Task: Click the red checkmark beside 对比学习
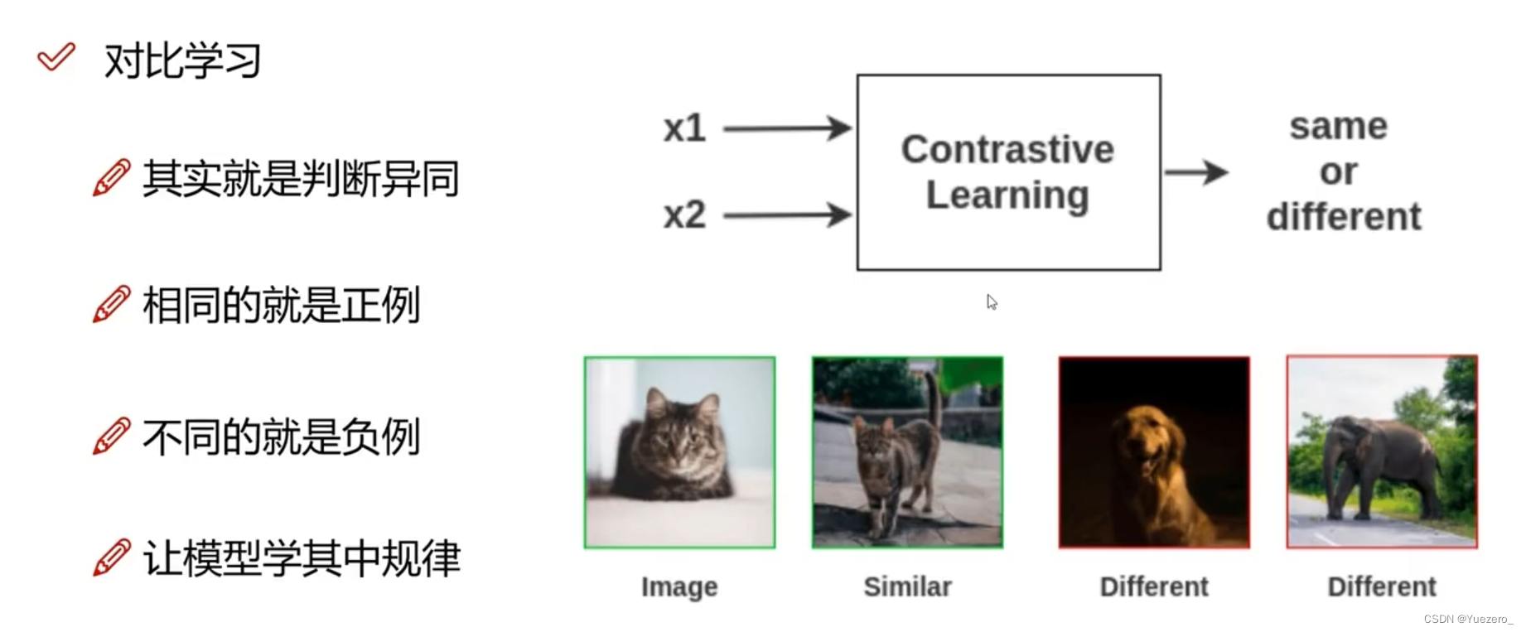click(x=56, y=57)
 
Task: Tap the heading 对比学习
click(x=182, y=60)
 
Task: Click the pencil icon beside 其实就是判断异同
click(x=112, y=177)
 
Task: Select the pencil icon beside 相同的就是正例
click(x=112, y=304)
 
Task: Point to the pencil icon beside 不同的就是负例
click(x=112, y=437)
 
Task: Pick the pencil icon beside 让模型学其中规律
click(x=112, y=557)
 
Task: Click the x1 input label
click(x=684, y=128)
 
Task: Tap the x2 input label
click(x=684, y=215)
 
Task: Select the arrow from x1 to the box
click(x=787, y=128)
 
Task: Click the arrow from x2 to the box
click(x=787, y=215)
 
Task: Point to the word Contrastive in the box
click(x=1007, y=150)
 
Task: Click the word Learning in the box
click(x=1007, y=195)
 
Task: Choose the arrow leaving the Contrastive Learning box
click(x=1195, y=172)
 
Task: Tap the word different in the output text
click(x=1344, y=217)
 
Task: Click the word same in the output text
click(x=1338, y=127)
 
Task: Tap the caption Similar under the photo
click(x=907, y=586)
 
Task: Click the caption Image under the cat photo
click(x=679, y=586)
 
